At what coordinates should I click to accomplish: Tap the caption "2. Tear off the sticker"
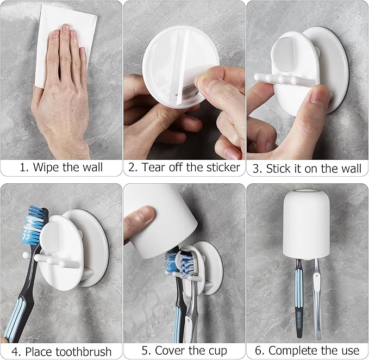coord(184,167)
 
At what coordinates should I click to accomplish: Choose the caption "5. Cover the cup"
coord(184,351)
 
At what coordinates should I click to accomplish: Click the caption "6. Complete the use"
coord(308,351)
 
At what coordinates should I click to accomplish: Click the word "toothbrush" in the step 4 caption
coord(85,351)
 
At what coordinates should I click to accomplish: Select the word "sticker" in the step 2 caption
coord(222,167)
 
